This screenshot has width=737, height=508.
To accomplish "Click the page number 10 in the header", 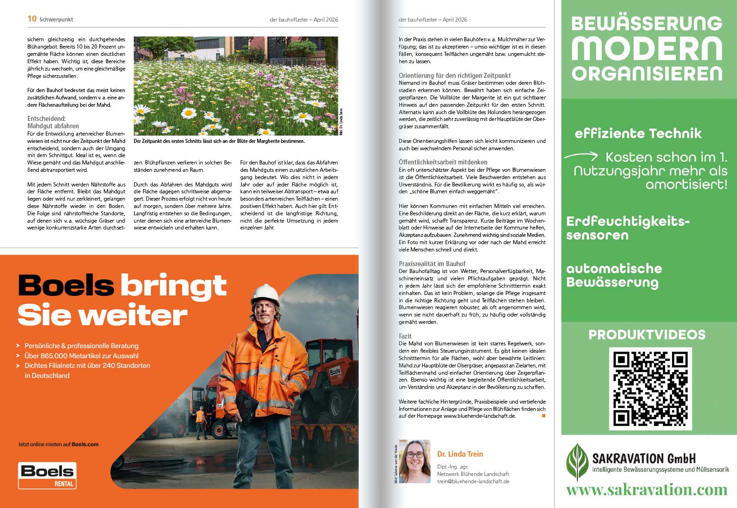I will click(32, 19).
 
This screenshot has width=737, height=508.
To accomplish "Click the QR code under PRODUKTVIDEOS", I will click(650, 388).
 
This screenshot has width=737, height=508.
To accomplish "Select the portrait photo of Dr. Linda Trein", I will click(414, 461).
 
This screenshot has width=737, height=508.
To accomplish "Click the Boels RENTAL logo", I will click(47, 475).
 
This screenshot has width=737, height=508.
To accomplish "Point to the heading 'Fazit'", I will click(405, 336).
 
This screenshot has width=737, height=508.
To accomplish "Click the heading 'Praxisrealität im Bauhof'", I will click(432, 264).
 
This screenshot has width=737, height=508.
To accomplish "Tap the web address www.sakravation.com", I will click(646, 490).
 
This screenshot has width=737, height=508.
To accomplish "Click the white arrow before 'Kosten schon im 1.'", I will click(581, 157).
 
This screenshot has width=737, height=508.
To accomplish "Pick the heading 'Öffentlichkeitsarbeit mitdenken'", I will click(443, 162).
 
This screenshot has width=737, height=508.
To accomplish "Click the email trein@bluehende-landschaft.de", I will click(473, 481).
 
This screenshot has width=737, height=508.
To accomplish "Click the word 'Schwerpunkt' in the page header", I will click(56, 20).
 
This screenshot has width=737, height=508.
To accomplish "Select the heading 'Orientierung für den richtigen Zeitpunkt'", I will click(454, 76).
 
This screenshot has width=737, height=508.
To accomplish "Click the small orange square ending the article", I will click(543, 416).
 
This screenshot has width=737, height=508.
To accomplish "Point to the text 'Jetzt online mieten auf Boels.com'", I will click(58, 444).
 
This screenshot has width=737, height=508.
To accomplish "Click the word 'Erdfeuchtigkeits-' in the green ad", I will click(628, 222).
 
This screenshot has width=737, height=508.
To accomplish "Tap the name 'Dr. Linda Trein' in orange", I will click(460, 454).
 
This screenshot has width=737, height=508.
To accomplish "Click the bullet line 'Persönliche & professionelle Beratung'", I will click(81, 346).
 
